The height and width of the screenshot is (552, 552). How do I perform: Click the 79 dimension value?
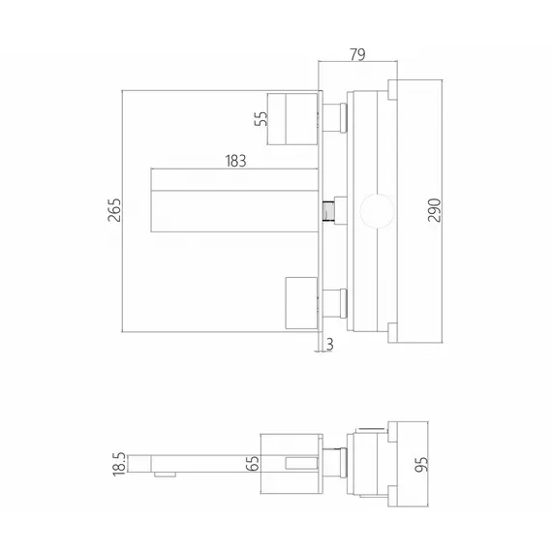[357, 54]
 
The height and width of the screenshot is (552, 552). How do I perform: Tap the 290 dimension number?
[435, 210]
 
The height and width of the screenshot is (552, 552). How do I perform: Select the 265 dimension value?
[114, 210]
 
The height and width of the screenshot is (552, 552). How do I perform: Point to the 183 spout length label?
[235, 161]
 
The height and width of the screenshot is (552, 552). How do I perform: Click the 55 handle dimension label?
[261, 119]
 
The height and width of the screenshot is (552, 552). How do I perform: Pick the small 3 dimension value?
[329, 344]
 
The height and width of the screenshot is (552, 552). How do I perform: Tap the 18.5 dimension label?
[119, 464]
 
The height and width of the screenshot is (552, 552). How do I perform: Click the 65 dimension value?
[253, 463]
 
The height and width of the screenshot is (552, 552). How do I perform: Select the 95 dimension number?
[421, 464]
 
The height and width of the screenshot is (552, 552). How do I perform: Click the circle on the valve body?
[377, 211]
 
